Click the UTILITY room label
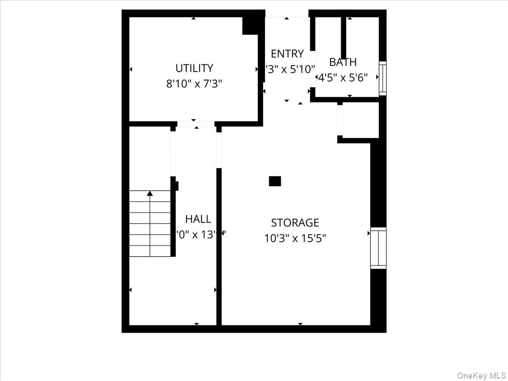click(194, 68)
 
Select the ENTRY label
click(287, 54)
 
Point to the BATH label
click(343, 62)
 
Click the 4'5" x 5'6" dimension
click(343, 77)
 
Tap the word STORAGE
click(295, 223)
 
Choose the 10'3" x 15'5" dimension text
click(295, 238)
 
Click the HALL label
click(198, 219)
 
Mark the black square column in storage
click(275, 181)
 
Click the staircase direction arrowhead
click(150, 193)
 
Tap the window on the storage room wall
click(378, 248)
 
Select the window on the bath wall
click(382, 78)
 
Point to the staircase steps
click(150, 224)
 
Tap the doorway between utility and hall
click(196, 124)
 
